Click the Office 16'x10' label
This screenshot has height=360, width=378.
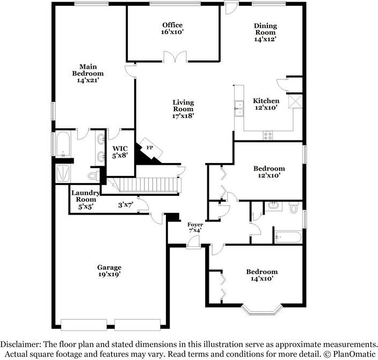point(172,28)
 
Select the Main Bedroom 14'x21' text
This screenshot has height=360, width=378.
point(88,74)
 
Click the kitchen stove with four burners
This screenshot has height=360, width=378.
point(267,136)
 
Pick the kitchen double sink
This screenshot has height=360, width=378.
point(239,108)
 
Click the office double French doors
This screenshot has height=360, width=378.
point(175,57)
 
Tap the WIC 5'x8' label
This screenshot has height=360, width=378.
point(120,152)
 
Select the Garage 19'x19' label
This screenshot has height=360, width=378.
point(109,270)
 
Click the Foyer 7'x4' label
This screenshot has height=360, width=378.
point(195,227)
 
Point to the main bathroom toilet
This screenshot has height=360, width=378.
point(93,175)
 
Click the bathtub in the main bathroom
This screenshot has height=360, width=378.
point(63,144)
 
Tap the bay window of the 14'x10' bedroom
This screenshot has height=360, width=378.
point(261,311)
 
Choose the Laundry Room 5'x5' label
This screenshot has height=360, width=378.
point(85,200)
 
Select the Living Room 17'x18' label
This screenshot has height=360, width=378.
point(183,109)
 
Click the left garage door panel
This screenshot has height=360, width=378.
point(84,325)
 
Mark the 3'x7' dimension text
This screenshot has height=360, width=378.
point(126,205)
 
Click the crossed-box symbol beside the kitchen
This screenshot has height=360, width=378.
point(295,101)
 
